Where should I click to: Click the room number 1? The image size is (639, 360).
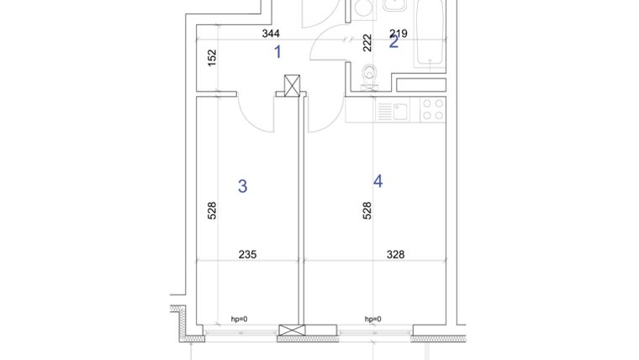click(278, 52)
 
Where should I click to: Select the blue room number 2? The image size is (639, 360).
click(393, 42)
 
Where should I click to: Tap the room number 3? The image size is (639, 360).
click(242, 186)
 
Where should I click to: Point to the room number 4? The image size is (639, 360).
click(378, 181)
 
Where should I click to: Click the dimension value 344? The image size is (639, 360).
click(271, 34)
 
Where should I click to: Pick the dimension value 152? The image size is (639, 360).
click(212, 57)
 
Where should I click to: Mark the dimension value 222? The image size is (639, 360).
click(367, 44)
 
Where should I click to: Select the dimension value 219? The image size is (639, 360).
click(399, 34)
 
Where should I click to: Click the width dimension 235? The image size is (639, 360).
click(247, 254)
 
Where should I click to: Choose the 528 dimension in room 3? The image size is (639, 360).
click(212, 210)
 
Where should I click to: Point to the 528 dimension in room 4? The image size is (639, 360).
click(367, 210)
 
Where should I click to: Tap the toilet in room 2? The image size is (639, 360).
click(367, 78)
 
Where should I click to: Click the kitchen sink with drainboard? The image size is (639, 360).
click(393, 111)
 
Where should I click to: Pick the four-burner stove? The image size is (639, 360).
click(432, 110)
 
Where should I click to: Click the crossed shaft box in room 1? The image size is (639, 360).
click(292, 85)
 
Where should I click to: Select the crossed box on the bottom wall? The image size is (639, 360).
click(292, 332)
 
